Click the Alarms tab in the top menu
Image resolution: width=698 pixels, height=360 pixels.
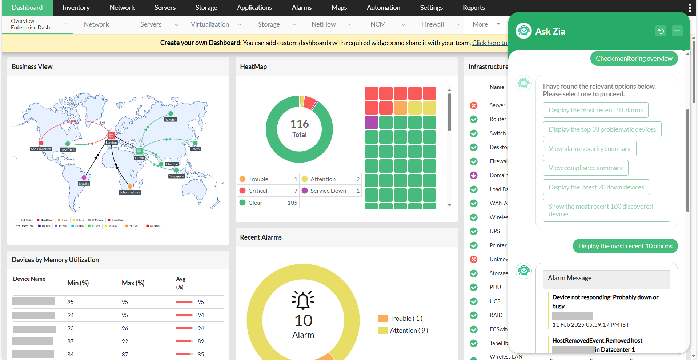(x=301, y=8)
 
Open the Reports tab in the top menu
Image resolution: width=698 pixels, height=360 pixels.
(x=473, y=8)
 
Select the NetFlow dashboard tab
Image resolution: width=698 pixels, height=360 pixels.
(x=324, y=24)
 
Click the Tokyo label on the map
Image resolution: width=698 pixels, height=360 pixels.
(x=195, y=149)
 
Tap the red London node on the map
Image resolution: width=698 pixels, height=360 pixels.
(x=111, y=136)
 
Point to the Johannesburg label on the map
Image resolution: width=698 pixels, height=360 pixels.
(x=130, y=192)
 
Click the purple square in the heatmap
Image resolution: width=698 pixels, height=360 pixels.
(x=371, y=122)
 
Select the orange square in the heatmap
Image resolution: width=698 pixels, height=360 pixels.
(x=400, y=108)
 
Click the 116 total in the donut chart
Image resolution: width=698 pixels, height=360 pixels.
(x=300, y=124)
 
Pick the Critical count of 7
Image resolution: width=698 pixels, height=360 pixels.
(x=296, y=191)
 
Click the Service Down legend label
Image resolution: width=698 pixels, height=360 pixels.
(x=328, y=191)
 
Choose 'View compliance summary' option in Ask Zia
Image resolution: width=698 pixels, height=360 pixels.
(x=585, y=168)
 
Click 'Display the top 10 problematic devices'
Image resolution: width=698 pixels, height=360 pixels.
(x=602, y=129)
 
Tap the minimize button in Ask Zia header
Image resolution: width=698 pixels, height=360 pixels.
(x=677, y=31)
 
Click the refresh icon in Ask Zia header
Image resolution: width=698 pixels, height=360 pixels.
(x=661, y=31)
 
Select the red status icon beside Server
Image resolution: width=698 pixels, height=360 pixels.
(x=474, y=105)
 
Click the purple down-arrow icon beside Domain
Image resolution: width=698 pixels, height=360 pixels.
(x=474, y=175)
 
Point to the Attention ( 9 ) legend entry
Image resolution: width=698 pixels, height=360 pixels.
(x=409, y=331)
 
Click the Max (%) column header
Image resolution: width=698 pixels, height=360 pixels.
(x=133, y=283)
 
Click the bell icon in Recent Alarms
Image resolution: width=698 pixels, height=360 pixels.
(x=303, y=300)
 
